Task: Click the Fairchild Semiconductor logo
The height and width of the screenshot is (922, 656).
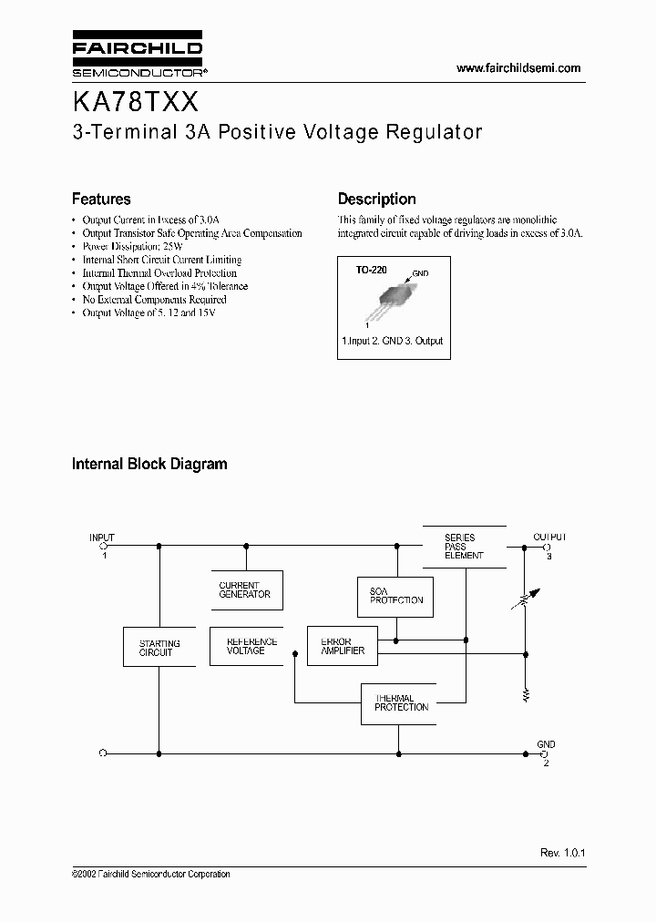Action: pos(138,56)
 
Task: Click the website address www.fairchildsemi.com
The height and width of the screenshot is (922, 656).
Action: pos(518,68)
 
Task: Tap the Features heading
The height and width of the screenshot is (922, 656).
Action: pos(101,199)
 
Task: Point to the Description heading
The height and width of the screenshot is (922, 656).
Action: pos(376,199)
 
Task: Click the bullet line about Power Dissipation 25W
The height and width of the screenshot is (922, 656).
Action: pos(132,246)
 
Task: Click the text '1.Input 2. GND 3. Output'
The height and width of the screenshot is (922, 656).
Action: pos(392,341)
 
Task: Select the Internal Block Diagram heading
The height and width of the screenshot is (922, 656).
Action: pos(149,464)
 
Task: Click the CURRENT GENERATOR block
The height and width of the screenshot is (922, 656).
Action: pos(245,590)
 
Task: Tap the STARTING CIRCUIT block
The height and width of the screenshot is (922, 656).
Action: pos(159,648)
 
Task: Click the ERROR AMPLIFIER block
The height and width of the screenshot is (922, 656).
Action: pos(343,646)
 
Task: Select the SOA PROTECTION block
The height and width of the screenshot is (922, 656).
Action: pos(395,596)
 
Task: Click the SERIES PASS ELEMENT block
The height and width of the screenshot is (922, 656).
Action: pos(464,547)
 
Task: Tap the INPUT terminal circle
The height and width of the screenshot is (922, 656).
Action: pos(104,547)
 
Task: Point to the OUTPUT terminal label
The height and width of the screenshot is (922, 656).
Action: pos(549,537)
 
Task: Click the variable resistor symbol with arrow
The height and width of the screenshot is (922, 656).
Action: pos(526,601)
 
